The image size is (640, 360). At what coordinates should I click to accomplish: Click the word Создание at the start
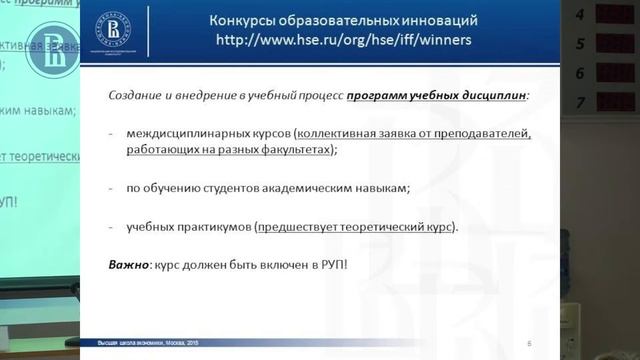click(x=135, y=94)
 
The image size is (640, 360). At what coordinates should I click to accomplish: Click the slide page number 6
click(x=527, y=344)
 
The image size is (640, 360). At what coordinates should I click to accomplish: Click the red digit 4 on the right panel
click(x=607, y=15)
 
